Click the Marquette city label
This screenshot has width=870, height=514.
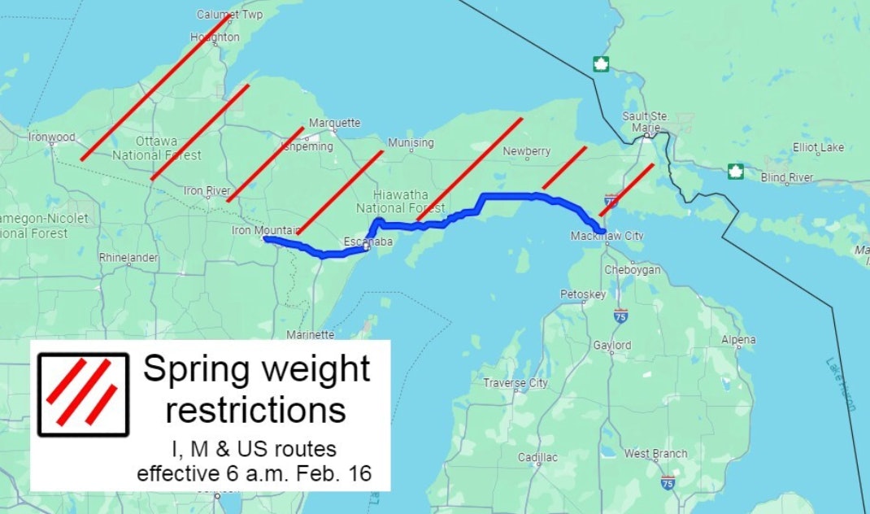tap(334, 123)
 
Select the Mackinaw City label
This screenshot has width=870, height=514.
tap(607, 236)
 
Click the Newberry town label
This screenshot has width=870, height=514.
tap(527, 151)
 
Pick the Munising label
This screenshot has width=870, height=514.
tap(411, 143)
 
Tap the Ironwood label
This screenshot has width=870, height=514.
tap(51, 137)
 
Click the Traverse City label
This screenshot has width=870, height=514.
tap(515, 382)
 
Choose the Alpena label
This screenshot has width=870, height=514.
tap(737, 340)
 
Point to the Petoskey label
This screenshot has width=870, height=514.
tap(583, 294)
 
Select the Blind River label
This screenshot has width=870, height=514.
tap(787, 177)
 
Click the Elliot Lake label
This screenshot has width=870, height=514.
tap(818, 147)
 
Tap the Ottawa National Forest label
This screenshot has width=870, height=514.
tap(157, 148)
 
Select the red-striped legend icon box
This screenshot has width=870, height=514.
tap(83, 394)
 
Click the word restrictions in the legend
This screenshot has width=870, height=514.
tap(256, 410)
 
